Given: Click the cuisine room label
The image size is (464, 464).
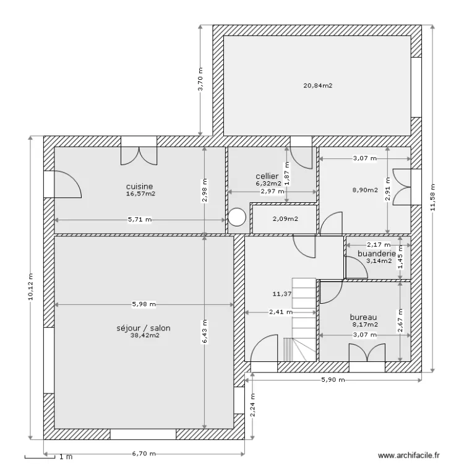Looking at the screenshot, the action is (x=139, y=186).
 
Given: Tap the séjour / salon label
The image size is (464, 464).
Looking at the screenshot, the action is (x=144, y=328).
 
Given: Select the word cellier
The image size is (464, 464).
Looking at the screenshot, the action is (x=267, y=176).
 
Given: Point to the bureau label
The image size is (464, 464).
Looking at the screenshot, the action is (x=363, y=317).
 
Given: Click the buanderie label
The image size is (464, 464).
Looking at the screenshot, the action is (x=377, y=254).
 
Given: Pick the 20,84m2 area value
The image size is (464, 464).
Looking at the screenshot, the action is (x=318, y=86).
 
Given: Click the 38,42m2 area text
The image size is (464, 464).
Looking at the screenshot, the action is (x=145, y=335).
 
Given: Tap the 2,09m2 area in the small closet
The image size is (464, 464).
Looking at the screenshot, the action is (x=285, y=219).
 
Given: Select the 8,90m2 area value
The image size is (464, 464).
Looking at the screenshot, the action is (x=365, y=190).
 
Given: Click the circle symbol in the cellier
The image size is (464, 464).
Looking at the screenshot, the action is (x=237, y=217).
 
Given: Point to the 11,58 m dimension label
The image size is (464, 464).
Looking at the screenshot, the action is (x=433, y=197).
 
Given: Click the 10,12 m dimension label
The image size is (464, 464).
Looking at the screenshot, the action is (x=30, y=286).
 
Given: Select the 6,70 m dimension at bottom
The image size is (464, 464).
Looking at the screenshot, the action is (x=144, y=453).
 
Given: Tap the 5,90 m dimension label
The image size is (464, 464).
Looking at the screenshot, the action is (x=333, y=380).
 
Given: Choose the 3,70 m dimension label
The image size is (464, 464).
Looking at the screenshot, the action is (x=200, y=80).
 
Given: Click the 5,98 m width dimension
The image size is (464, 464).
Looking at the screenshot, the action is (x=144, y=304).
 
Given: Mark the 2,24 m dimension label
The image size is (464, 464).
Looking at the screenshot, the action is (x=252, y=405).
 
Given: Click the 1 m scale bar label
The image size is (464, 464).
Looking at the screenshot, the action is (x=66, y=457).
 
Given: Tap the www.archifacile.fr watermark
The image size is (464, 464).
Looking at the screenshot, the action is (x=409, y=455).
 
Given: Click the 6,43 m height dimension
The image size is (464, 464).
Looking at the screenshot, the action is (x=205, y=332).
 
